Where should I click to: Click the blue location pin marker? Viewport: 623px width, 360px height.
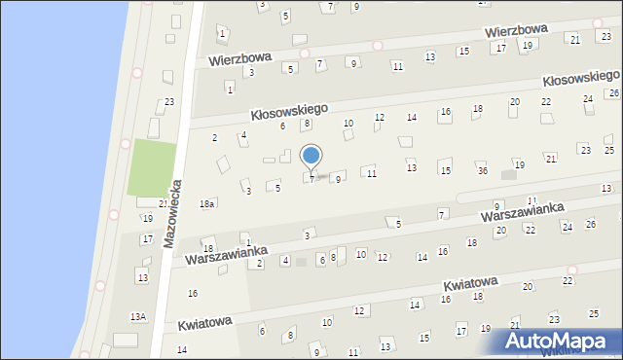(x=311, y=156)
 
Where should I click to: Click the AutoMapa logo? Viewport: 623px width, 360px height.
(x=560, y=342)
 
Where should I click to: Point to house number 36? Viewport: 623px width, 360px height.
(x=482, y=170)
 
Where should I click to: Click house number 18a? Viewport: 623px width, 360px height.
(x=206, y=203)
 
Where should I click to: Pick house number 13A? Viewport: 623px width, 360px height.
(x=139, y=316)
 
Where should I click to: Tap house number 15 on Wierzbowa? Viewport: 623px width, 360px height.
(x=464, y=51)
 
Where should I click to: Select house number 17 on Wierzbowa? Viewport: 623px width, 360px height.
(x=500, y=48)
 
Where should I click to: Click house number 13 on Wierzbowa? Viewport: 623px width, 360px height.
(x=428, y=56)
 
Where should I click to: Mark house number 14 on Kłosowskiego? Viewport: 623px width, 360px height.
(x=412, y=118)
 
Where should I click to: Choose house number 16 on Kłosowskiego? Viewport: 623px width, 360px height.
(x=445, y=113)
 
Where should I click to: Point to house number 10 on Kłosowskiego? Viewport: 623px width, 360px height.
(x=348, y=124)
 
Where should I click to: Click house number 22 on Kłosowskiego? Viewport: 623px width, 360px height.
(x=546, y=102)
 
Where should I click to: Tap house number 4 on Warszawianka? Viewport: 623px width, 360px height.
(x=285, y=260)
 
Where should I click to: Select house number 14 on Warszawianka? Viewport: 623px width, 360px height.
(x=421, y=257)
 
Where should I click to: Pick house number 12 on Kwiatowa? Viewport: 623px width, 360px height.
(x=359, y=310)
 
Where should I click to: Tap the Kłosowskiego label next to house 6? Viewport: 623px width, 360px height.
(x=289, y=111)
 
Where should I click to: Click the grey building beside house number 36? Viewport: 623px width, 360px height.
(x=508, y=175)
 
